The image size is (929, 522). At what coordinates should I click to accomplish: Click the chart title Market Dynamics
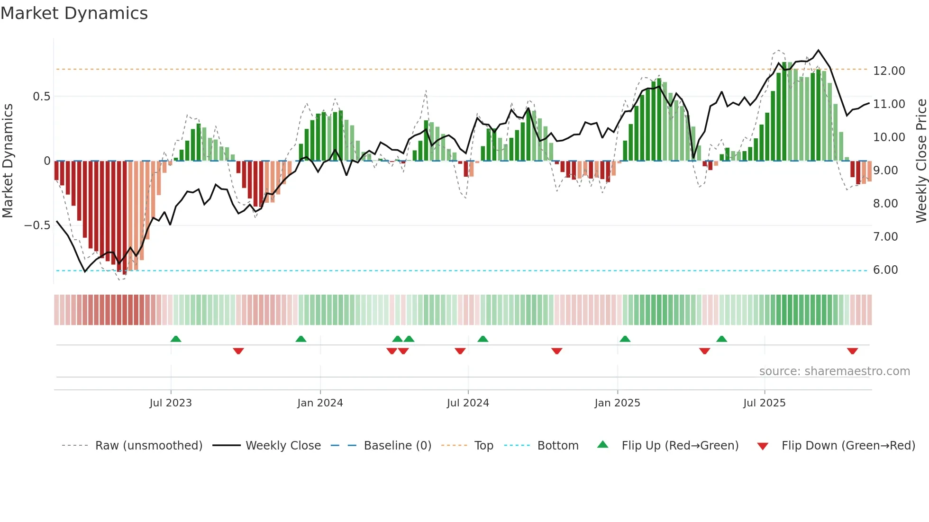tap(74, 13)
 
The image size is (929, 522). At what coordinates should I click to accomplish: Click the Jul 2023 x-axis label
tap(171, 403)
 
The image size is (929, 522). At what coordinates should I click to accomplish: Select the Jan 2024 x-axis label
tap(320, 403)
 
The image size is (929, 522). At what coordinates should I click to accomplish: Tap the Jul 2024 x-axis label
tap(468, 403)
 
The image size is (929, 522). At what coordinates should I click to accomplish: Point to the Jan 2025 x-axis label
tap(617, 403)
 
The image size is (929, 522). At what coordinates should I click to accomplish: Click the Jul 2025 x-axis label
tap(764, 403)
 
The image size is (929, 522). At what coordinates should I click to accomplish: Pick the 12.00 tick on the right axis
tap(889, 71)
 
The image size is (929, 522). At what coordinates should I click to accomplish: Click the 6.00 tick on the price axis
tap(885, 270)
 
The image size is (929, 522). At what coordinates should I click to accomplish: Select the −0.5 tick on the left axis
tap(37, 225)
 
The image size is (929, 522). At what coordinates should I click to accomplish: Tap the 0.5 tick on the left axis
tap(41, 97)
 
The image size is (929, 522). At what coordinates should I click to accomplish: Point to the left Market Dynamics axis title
tap(8, 161)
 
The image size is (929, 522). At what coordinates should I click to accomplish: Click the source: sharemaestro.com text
tap(834, 371)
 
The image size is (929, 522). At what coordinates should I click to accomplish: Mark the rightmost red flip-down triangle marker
tap(852, 351)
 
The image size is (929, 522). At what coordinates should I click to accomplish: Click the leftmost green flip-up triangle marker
tap(176, 339)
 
